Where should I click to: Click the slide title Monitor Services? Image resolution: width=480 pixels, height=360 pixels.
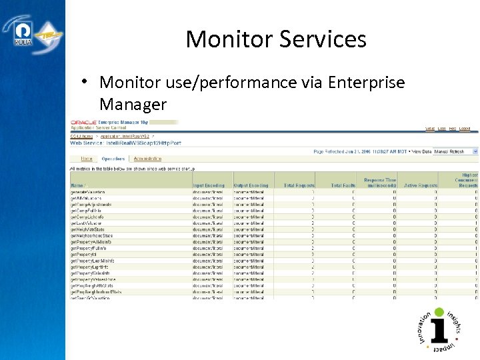pos(276,39)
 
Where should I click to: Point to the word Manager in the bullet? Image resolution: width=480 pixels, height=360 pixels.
pos(133,105)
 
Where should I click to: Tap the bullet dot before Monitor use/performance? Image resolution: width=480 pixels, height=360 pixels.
pos(87,81)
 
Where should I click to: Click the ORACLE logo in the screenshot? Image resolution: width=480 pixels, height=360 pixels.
pos(84,123)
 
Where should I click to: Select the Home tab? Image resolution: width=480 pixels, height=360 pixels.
pos(87,159)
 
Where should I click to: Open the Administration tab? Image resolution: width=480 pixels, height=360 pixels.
pos(147,159)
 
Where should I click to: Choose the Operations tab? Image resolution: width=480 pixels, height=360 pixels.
pos(113,159)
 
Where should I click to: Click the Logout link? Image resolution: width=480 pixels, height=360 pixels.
pos(465,128)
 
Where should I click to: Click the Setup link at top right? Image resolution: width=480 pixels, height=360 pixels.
pos(430,128)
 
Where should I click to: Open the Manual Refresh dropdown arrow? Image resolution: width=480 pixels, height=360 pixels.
pos(475,151)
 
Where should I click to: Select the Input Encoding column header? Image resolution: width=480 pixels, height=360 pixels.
pos(209,185)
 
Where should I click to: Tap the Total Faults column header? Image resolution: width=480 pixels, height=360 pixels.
pos(343,185)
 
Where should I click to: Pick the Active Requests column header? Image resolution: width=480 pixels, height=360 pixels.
pos(420,185)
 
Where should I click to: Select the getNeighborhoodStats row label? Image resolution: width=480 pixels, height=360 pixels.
pos(92,235)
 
